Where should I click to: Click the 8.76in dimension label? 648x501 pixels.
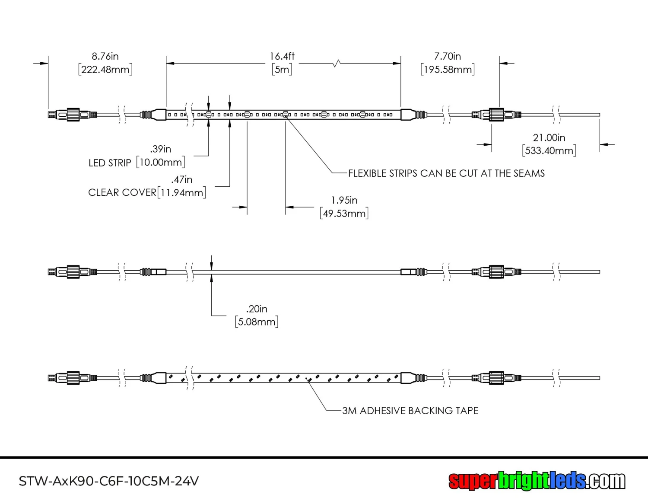click(105, 56)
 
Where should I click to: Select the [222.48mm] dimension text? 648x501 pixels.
click(105, 70)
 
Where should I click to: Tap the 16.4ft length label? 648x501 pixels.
click(282, 56)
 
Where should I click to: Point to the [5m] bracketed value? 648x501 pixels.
click(282, 70)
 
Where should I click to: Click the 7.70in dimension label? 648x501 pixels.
click(448, 56)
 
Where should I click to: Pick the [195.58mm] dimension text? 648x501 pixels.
click(448, 70)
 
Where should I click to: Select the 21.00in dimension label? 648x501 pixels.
click(549, 137)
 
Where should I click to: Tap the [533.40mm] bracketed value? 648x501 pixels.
click(549, 151)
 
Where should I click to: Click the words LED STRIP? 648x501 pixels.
click(110, 163)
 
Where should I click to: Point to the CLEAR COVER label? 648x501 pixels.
click(122, 193)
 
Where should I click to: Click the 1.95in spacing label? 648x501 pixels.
click(344, 200)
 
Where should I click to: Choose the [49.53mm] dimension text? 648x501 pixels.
click(344, 214)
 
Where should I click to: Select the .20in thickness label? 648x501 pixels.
click(257, 309)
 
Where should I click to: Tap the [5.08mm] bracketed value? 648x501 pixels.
click(257, 322)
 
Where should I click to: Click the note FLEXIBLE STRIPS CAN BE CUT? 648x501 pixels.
click(446, 173)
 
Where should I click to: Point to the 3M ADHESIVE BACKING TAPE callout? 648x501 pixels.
click(410, 411)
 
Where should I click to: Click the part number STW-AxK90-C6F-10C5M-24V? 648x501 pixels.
click(109, 481)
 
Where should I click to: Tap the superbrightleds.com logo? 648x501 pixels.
click(537, 481)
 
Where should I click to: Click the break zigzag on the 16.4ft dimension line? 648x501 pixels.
click(337, 64)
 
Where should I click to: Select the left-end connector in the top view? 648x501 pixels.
click(72, 115)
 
